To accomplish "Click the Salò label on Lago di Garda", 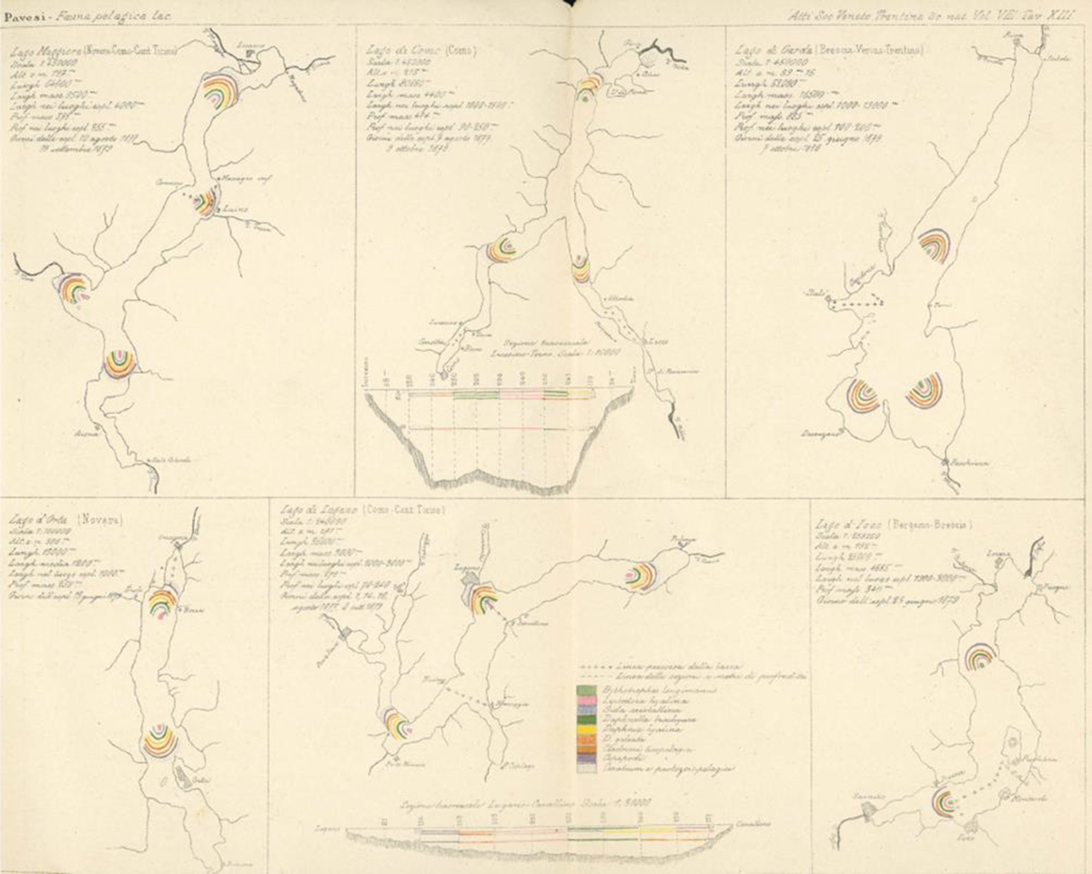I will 816,295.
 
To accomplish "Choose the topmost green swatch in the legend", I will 587,690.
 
